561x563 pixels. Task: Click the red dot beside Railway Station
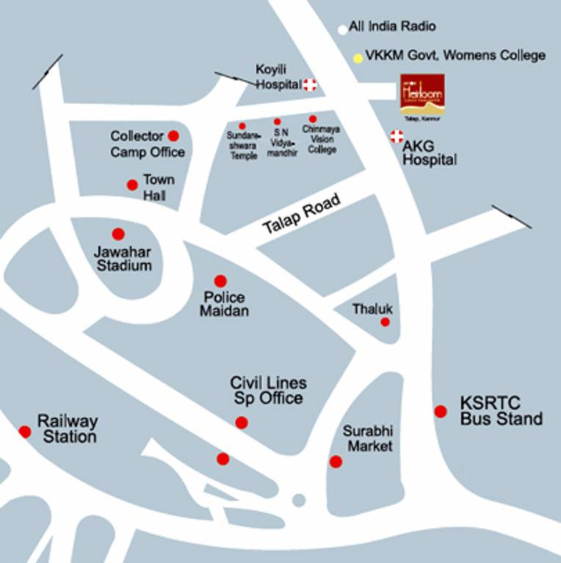[x=25, y=432]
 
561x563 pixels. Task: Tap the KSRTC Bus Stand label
[x=501, y=411]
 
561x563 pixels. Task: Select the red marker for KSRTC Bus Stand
[x=441, y=411]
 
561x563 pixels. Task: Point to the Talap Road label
[x=302, y=214]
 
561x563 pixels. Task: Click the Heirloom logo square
[x=422, y=95]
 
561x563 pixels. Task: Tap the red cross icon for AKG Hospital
[x=397, y=136]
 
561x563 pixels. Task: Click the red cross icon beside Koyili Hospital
[x=310, y=85]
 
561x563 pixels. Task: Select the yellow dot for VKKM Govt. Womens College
[x=358, y=57]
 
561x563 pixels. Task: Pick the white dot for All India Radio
[x=342, y=30]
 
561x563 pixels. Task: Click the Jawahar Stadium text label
[x=124, y=259]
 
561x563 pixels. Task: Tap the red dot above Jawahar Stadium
[x=118, y=234]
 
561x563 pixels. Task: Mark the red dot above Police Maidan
[x=220, y=281]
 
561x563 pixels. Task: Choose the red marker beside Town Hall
[x=132, y=185]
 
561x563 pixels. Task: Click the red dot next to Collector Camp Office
[x=173, y=136]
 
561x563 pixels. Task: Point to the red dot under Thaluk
[x=385, y=322]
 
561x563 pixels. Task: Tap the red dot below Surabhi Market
[x=336, y=462]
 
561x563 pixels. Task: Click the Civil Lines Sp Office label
[x=268, y=391]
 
